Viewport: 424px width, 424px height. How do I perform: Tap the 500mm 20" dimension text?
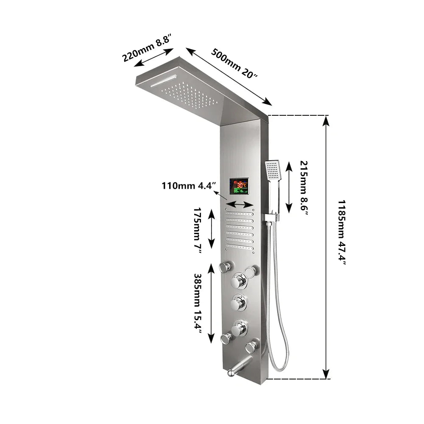click(x=234, y=63)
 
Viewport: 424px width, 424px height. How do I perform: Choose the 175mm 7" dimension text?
click(x=198, y=230)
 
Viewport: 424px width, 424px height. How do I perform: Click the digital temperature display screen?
click(x=240, y=186)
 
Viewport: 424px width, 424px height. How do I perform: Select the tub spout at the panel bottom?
click(x=237, y=368)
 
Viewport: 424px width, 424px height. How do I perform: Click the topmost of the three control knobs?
click(x=238, y=280)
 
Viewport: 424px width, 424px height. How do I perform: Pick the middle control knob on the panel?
click(x=238, y=303)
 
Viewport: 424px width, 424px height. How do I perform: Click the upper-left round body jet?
click(x=225, y=267)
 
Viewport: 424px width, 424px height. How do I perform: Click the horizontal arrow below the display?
click(x=240, y=205)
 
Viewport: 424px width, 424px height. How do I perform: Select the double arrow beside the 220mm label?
click(x=154, y=57)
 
